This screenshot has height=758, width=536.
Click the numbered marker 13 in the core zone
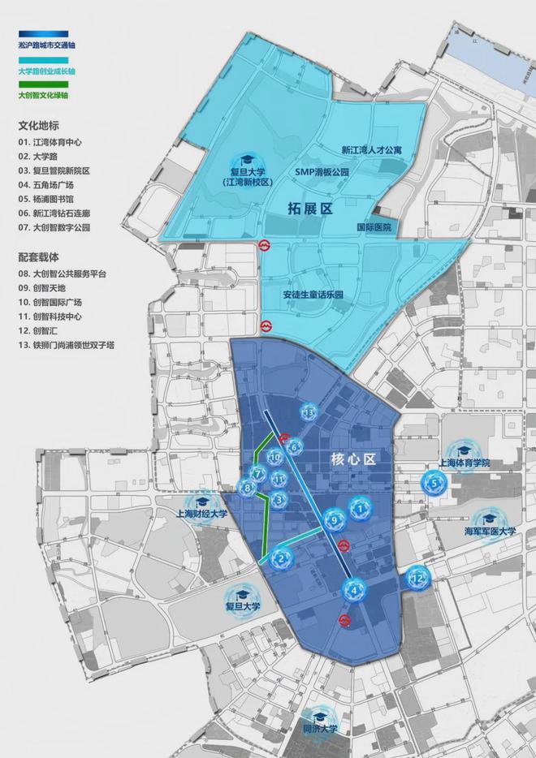click(x=308, y=413)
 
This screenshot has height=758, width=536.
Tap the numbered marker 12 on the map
click(x=417, y=579)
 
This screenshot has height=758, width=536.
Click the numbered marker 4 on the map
click(x=353, y=590)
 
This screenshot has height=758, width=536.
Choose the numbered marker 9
click(x=332, y=519)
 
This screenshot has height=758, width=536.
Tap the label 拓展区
click(x=310, y=209)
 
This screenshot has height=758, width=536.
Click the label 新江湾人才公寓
click(x=371, y=150)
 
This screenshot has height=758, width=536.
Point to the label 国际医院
click(x=374, y=227)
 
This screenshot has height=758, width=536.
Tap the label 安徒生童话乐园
click(x=313, y=295)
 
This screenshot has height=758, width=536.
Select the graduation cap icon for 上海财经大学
click(x=202, y=501)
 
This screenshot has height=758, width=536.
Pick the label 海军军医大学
click(x=490, y=532)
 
